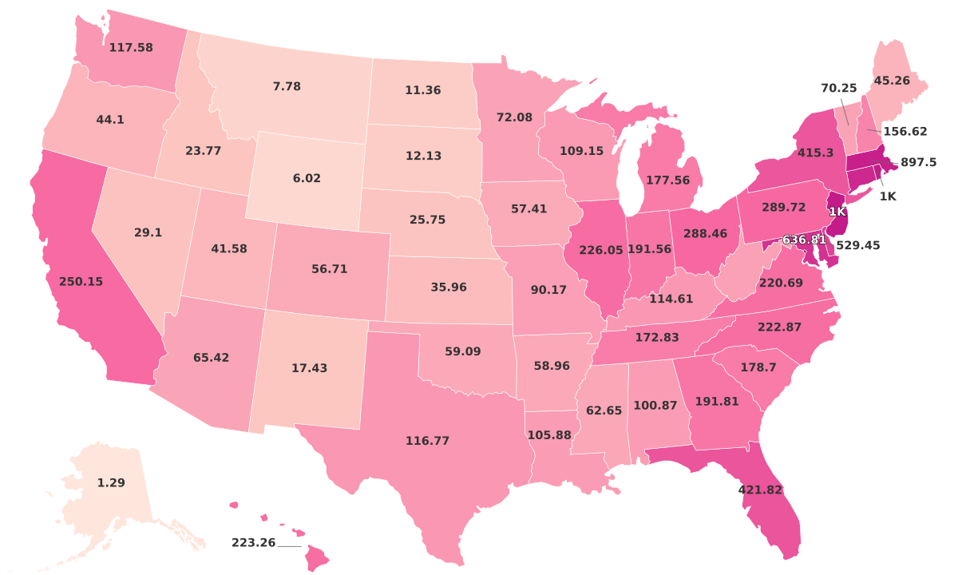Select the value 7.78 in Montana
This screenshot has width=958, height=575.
(287, 86)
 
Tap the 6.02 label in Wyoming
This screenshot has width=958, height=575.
(307, 178)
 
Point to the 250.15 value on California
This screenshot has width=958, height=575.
(81, 281)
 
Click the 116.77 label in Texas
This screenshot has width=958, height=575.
(428, 440)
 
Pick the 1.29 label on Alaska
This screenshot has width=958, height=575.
(111, 483)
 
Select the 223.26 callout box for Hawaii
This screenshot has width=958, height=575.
(253, 543)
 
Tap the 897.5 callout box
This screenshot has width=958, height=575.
(917, 162)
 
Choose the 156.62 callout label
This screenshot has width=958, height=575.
(906, 131)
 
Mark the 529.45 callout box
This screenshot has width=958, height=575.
(857, 246)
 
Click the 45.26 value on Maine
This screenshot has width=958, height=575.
(892, 81)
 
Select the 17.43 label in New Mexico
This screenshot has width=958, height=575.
(309, 368)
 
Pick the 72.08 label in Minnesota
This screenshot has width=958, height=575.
(514, 117)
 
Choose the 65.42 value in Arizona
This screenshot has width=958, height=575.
(211, 358)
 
